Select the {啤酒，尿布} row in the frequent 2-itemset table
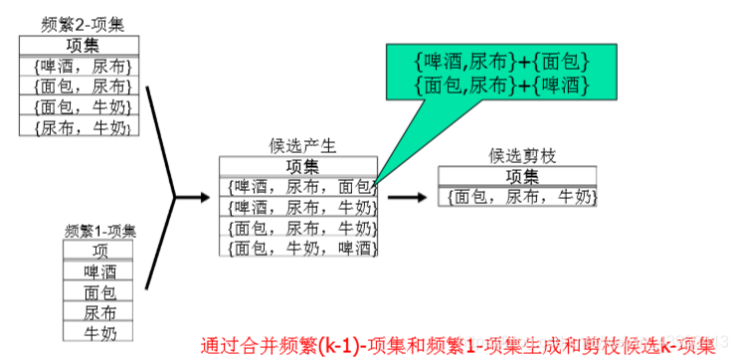coord(80,67)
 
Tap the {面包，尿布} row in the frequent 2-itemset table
coord(80,87)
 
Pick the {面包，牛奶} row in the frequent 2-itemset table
coord(80,107)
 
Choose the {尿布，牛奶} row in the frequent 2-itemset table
coord(80,127)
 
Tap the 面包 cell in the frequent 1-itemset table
coord(99,292)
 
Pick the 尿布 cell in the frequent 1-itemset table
coord(99,312)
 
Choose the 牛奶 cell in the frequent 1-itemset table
coord(99,332)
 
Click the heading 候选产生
coord(302,146)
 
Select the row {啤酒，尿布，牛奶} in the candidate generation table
coord(298,207)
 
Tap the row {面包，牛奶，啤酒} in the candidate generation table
coord(298,248)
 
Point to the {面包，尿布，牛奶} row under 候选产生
coord(298,228)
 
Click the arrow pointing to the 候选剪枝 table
coord(408,197)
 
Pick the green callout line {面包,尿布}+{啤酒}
coord(502,86)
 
